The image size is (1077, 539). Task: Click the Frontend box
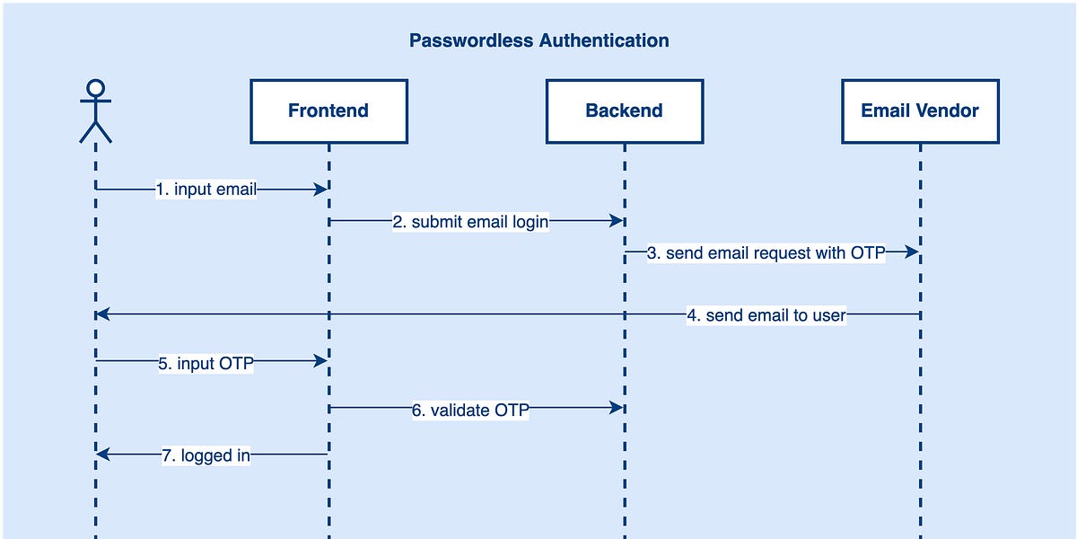(x=328, y=111)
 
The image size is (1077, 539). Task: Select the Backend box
(x=624, y=111)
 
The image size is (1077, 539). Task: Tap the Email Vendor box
(x=920, y=111)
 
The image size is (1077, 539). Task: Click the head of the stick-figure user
(x=95, y=88)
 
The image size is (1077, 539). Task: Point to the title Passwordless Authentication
(x=538, y=40)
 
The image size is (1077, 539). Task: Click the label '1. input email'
(x=206, y=190)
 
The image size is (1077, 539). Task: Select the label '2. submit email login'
(x=470, y=222)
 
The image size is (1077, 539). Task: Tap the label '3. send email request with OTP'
(x=766, y=253)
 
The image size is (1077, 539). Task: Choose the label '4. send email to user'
(x=766, y=314)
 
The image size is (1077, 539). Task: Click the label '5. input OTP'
(x=206, y=363)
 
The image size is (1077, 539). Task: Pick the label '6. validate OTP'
(x=470, y=410)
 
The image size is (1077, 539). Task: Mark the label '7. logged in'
(x=206, y=455)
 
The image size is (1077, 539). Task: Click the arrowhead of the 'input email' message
(x=320, y=190)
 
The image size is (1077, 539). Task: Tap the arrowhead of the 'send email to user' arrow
(x=103, y=314)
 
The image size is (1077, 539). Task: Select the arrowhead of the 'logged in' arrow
(x=103, y=455)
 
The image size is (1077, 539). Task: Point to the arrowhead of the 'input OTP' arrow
(x=320, y=361)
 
